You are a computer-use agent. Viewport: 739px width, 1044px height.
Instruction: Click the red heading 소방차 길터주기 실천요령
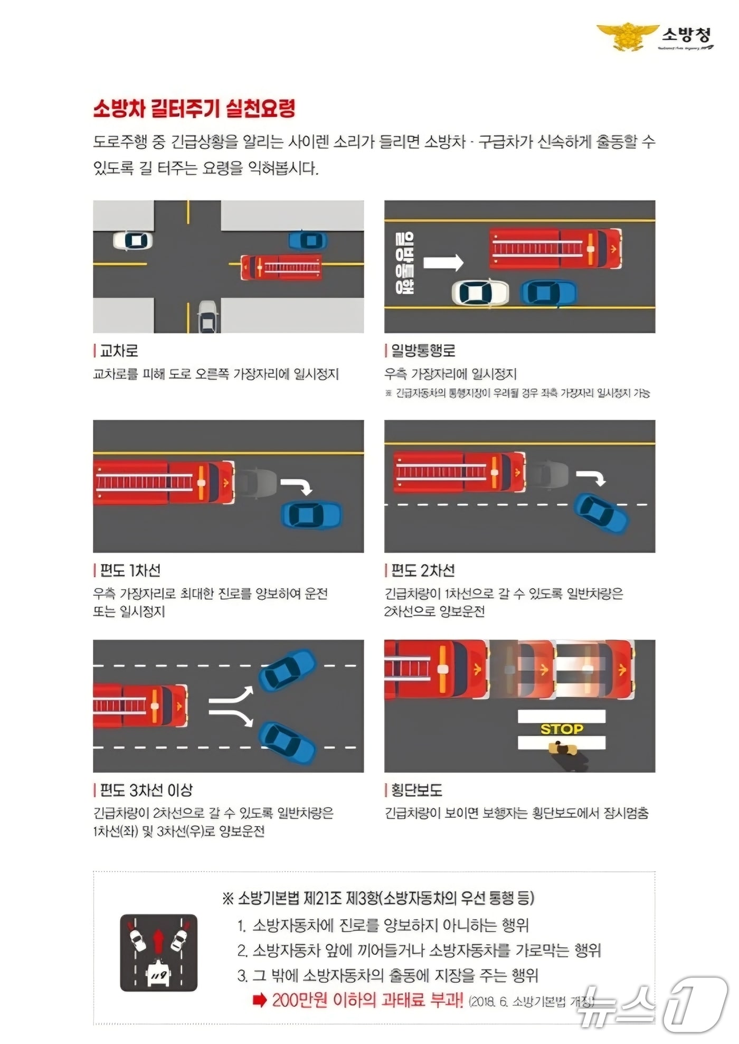194,109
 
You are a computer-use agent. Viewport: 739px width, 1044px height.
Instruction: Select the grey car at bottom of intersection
208,317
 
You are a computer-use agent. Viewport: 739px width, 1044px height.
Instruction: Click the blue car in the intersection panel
308,241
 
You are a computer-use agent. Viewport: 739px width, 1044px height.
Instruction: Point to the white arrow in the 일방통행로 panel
443,262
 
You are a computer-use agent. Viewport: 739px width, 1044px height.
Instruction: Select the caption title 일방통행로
423,351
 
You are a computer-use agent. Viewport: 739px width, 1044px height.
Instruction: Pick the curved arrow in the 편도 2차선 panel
591,477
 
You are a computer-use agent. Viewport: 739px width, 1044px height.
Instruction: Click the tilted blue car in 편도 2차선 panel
601,513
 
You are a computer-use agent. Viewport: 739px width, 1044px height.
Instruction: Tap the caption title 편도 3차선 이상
146,791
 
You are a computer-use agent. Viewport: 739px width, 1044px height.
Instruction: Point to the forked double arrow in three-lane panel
231,707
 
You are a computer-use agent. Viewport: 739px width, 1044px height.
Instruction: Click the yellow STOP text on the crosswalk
562,729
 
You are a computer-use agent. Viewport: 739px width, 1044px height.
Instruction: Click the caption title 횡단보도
416,791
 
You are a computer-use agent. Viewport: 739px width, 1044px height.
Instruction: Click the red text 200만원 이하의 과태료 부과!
367,1000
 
